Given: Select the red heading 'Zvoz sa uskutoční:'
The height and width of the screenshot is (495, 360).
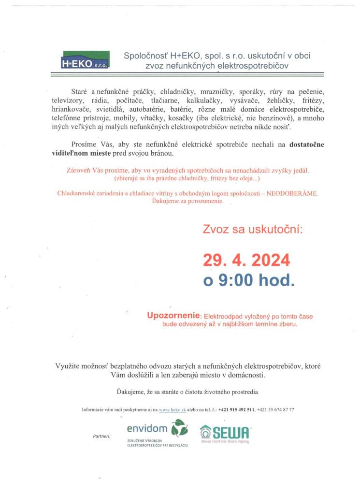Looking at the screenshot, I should point(252,229).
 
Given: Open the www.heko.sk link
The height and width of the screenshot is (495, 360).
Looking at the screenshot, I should point(173,409).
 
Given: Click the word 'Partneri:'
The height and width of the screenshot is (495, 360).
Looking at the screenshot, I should point(101,436).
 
